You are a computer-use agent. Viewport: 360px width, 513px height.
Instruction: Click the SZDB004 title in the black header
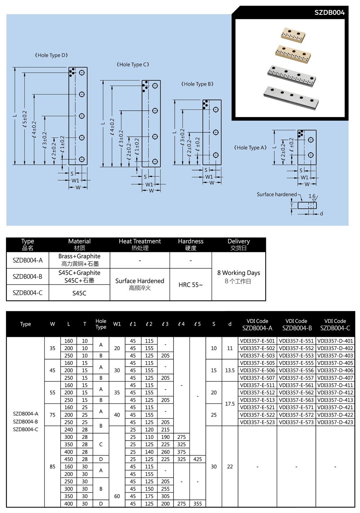329,13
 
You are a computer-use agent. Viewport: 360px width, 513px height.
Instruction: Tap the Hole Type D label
51,55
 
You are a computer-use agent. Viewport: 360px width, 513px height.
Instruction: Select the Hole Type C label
133,64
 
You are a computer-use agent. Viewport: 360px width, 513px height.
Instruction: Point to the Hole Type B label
197,84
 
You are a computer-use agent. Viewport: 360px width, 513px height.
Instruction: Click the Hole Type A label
250,147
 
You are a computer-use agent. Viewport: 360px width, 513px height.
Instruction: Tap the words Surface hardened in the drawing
276,195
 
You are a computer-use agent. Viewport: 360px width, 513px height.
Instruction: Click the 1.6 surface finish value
312,196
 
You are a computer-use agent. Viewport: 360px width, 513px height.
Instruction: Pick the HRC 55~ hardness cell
190,285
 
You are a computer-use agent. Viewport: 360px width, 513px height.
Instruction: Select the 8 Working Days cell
238,276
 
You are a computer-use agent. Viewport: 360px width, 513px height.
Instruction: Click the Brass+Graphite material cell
79,259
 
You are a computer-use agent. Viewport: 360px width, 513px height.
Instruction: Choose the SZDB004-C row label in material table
27,293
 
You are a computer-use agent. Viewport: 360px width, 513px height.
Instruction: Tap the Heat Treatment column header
140,244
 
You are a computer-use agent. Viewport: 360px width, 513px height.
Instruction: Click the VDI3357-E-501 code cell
257,341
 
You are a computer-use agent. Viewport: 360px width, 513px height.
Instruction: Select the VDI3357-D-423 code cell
335,422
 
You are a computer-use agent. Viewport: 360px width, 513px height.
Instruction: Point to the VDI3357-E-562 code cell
296,393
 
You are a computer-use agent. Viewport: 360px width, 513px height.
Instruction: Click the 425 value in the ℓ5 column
198,459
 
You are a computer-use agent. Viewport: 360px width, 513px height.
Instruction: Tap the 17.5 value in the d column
230,404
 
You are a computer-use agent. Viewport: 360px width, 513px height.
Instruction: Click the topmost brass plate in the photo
293,35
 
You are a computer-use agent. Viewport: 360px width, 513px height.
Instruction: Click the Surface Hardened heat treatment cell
140,284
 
